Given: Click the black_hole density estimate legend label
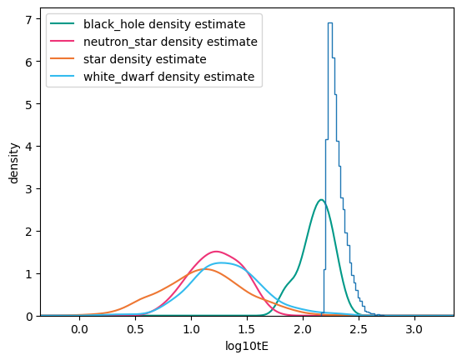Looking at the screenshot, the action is coord(164,24).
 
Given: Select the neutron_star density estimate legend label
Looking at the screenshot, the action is coord(170,42).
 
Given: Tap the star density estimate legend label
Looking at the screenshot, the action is coord(144,59).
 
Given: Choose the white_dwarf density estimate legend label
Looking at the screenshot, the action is coord(168,77).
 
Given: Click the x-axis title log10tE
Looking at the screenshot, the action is coord(247,346).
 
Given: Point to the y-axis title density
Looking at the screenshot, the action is coord(13,163).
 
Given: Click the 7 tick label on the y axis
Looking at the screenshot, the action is coord(28,19).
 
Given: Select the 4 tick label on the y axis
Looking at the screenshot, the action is coord(28,147).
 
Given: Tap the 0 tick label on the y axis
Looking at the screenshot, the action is coord(28,317).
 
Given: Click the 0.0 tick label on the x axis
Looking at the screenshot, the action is coord(79,329).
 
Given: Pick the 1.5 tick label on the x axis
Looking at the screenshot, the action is coord(247,329).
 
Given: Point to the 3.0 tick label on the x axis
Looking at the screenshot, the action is coord(414,329).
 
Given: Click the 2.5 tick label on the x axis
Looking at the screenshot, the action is coord(359,329).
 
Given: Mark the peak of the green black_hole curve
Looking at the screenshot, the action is coord(321,200).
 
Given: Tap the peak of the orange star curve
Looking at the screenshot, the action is coord(204,269).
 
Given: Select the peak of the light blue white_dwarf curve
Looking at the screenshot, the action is coord(221,262).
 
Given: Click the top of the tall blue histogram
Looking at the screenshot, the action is coord(330,23).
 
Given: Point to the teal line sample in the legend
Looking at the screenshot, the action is coord(63,24).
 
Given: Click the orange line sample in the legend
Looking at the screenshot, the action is coord(63,59).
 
